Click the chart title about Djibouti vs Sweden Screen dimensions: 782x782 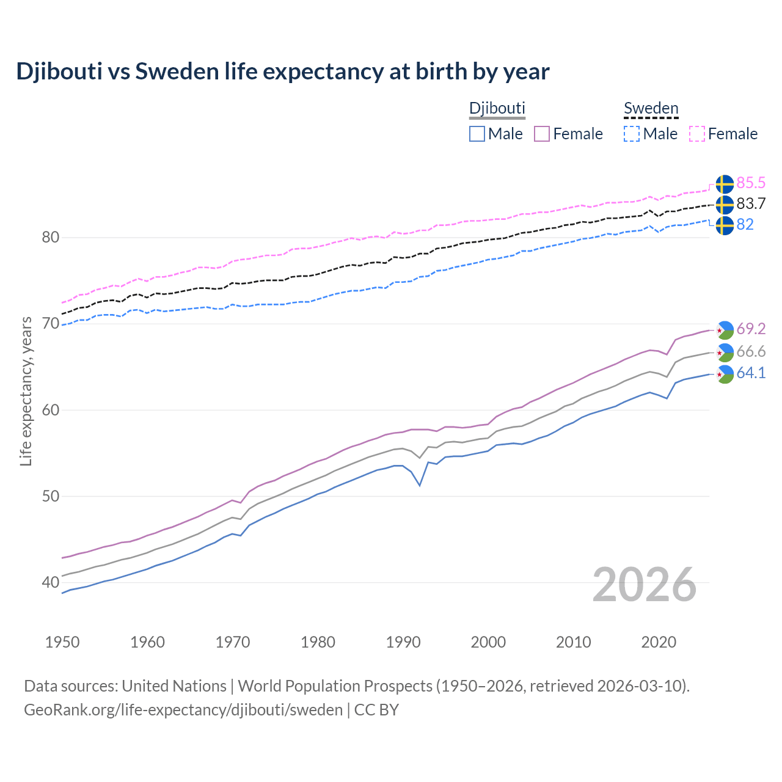click(x=283, y=71)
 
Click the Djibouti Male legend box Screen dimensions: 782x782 click(x=477, y=134)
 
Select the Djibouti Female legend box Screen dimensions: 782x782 click(x=542, y=134)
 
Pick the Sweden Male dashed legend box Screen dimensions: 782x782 click(x=632, y=134)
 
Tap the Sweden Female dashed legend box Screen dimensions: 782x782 click(x=697, y=134)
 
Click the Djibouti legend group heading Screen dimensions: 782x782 click(x=497, y=108)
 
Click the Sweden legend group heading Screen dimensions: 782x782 click(x=651, y=108)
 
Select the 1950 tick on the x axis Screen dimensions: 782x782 click(x=62, y=642)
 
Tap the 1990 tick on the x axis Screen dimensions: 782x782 click(x=403, y=642)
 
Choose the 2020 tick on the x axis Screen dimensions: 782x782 click(x=659, y=642)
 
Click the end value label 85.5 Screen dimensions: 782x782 click(x=751, y=183)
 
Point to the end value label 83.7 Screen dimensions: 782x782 click(x=751, y=204)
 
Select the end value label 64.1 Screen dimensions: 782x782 click(x=751, y=373)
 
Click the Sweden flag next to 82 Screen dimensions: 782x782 click(x=725, y=225)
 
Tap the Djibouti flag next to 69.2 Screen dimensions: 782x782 click(x=725, y=329)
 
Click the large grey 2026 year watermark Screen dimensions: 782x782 click(x=645, y=585)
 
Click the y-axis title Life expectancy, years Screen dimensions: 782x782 click(x=26, y=391)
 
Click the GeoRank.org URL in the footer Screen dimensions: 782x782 click(x=183, y=710)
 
